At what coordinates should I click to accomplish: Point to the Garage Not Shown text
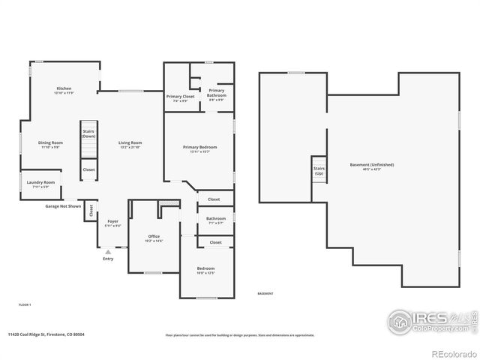(x=62, y=205)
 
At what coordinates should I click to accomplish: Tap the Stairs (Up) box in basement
(x=319, y=170)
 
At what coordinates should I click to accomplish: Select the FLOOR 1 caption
(x=25, y=304)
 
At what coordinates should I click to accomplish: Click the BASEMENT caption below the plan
(x=265, y=293)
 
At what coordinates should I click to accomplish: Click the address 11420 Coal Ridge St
(x=46, y=335)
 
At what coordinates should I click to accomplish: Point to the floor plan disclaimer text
(x=240, y=335)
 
